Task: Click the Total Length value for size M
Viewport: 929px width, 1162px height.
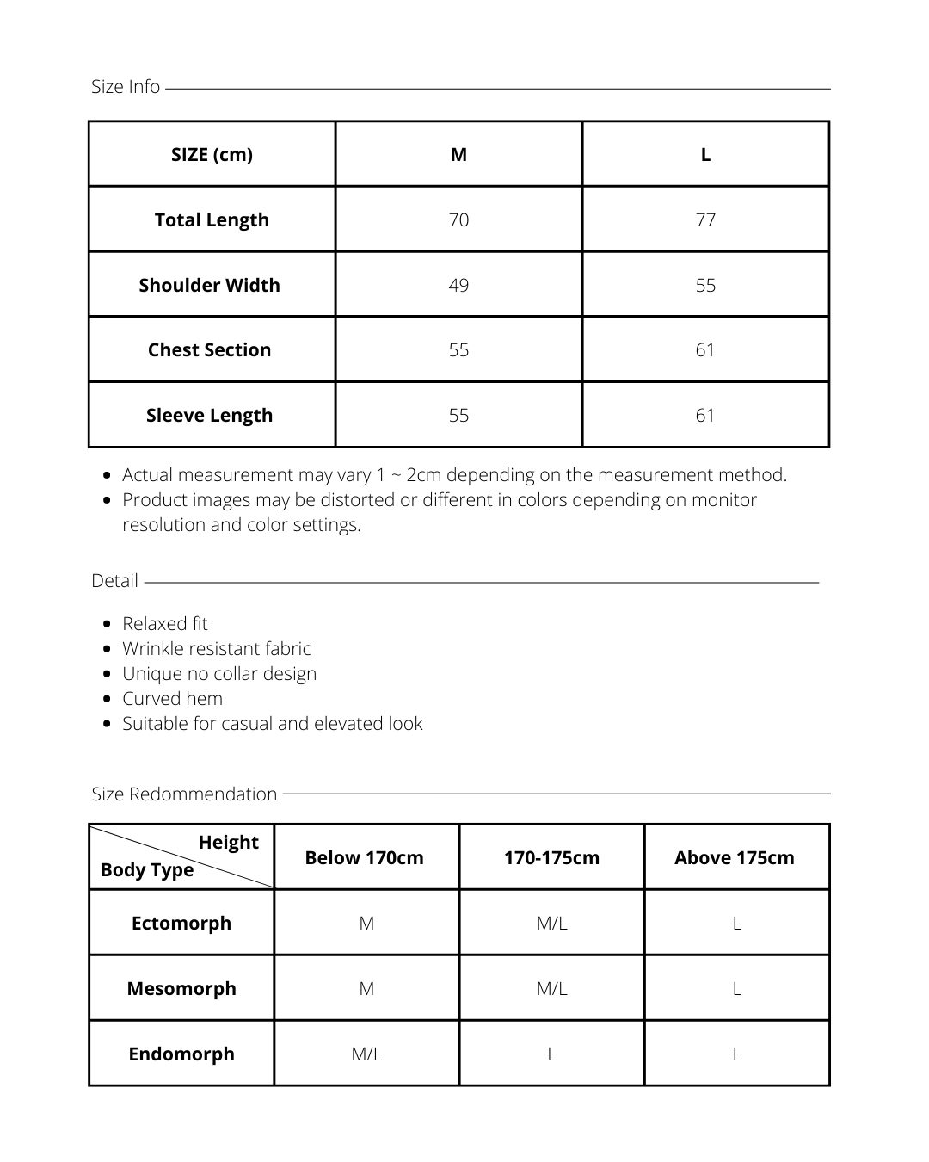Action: point(458,219)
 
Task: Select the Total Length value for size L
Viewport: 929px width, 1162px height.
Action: point(705,219)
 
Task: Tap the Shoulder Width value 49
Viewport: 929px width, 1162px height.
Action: point(458,285)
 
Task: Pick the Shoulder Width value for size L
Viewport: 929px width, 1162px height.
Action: point(705,285)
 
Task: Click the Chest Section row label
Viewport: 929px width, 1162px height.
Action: point(209,349)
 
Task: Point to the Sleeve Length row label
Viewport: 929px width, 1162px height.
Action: point(209,415)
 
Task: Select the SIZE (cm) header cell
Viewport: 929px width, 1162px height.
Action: point(212,154)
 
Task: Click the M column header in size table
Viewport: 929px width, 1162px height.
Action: point(458,154)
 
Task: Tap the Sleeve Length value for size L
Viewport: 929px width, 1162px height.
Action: point(705,415)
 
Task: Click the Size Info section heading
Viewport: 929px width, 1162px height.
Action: point(126,87)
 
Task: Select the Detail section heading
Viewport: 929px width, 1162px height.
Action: point(114,581)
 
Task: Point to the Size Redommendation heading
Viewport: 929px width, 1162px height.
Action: point(184,794)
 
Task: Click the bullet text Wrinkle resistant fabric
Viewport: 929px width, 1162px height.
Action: point(216,648)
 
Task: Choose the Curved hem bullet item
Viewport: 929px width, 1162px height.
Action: point(172,698)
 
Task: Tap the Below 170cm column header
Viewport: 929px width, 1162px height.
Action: point(365,857)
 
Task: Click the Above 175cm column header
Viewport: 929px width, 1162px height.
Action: point(735,857)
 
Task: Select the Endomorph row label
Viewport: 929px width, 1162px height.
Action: point(181,1054)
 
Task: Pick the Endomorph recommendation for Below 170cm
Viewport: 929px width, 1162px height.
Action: point(366,1054)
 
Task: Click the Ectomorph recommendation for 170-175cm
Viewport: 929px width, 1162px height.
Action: point(551,923)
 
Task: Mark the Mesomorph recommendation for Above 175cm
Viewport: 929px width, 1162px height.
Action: point(736,988)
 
